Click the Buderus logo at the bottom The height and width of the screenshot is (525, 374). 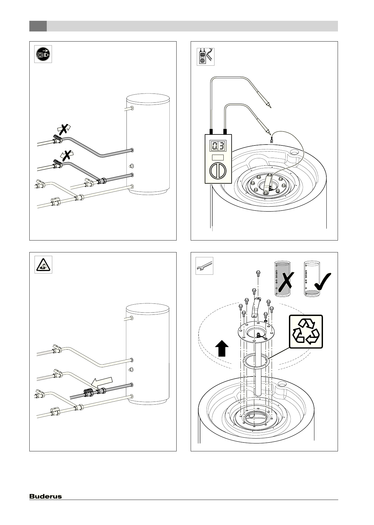[46, 496]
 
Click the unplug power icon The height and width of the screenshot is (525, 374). [43, 54]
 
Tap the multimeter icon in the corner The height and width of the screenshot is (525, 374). [205, 57]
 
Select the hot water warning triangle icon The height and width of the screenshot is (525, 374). [43, 265]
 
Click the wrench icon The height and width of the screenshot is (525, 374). [204, 266]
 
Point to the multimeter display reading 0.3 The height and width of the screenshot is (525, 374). [218, 146]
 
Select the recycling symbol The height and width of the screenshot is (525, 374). [306, 332]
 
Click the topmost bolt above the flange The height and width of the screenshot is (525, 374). [258, 272]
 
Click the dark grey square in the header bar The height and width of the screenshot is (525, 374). [38, 26]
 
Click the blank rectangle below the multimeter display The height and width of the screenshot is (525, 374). [218, 157]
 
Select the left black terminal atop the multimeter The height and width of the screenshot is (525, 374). [211, 132]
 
